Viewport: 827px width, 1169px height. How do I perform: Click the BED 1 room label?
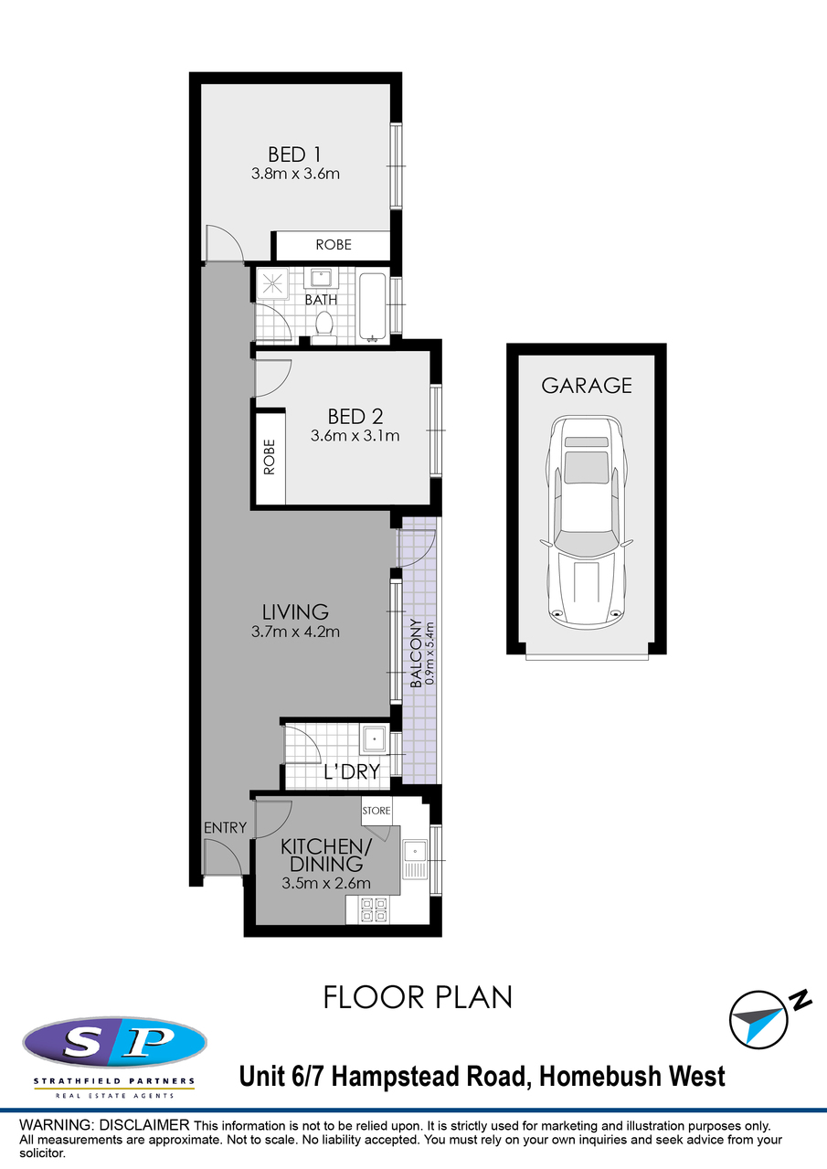coord(295,155)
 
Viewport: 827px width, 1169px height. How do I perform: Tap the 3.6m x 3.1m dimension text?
coord(355,435)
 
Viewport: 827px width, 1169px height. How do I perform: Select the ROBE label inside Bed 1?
coord(334,244)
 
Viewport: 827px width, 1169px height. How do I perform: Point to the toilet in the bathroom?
coord(324,328)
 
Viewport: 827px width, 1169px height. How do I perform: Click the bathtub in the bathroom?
coord(373,307)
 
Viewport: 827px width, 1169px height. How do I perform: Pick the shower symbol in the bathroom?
coord(271,284)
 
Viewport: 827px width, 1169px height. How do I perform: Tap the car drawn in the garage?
coord(587,523)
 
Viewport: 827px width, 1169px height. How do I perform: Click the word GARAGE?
coord(587,386)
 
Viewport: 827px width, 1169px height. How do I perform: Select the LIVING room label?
coord(295,611)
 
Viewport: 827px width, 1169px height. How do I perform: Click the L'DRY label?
coord(352,771)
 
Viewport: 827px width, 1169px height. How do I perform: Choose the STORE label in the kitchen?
coord(376,811)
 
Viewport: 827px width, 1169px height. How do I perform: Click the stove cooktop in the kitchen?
coord(374,909)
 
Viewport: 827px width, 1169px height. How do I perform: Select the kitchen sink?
coord(415,858)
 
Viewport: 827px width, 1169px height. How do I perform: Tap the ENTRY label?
coord(225,828)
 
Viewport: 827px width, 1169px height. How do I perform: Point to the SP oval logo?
coord(114,1042)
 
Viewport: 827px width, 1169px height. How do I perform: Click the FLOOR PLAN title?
coord(418,997)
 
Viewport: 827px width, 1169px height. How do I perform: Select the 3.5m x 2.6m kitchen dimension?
coord(326,883)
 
